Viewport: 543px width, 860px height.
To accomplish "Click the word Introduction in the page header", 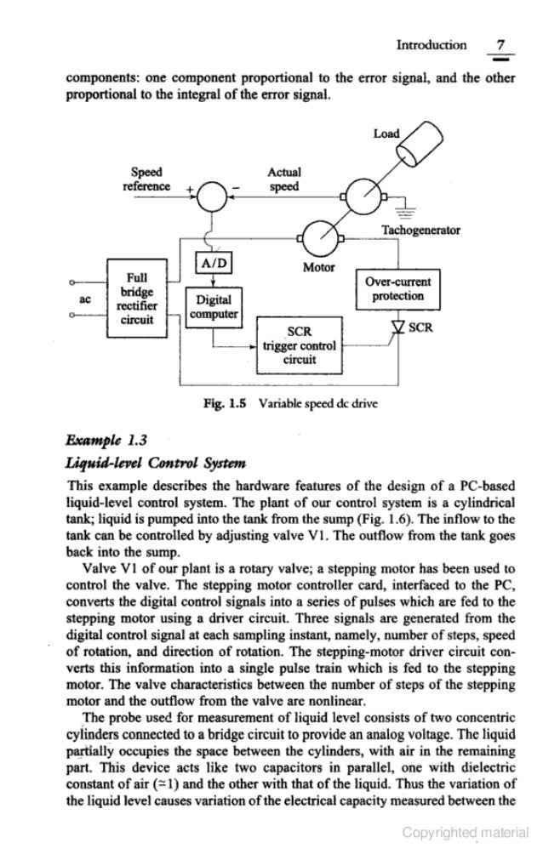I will click(431, 44).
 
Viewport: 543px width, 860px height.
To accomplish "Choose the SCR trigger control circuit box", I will click(300, 345).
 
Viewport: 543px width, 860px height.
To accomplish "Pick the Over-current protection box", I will click(399, 290).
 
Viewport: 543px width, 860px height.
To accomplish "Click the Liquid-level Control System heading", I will click(154, 463).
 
